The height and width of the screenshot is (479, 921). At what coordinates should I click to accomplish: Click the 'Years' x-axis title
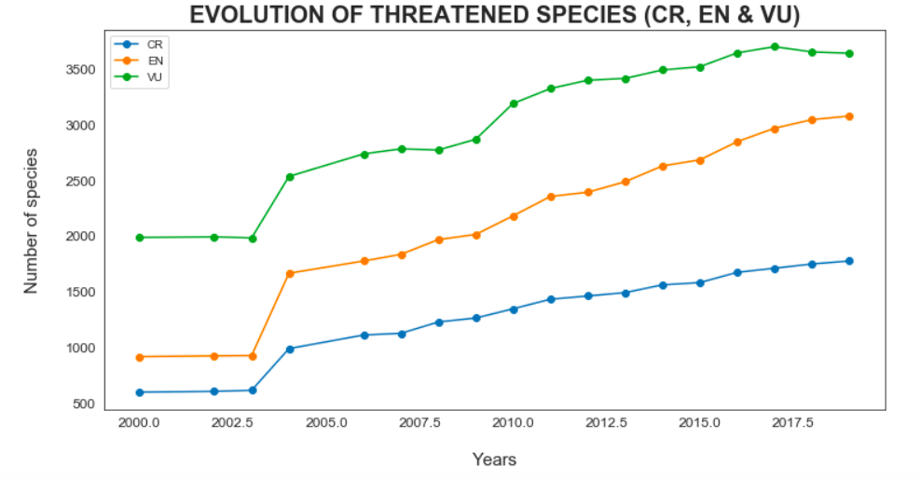pos(494,459)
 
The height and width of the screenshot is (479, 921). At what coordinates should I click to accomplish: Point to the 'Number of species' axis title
pos(32,220)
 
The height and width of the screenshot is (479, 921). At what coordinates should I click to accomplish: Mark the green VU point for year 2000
pos(140,238)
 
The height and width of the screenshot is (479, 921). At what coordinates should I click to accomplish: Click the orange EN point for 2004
pos(290,273)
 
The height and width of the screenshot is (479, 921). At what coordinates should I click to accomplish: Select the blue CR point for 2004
pos(290,349)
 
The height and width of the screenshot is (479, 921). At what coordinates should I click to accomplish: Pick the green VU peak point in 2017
pos(775,47)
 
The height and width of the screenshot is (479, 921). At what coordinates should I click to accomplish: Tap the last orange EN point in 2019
pos(849,116)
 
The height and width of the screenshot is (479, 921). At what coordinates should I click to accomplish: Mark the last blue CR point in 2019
pos(849,261)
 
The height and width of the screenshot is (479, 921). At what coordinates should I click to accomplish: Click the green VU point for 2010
pos(514,103)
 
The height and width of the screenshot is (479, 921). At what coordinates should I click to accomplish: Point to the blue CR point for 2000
pos(140,392)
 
